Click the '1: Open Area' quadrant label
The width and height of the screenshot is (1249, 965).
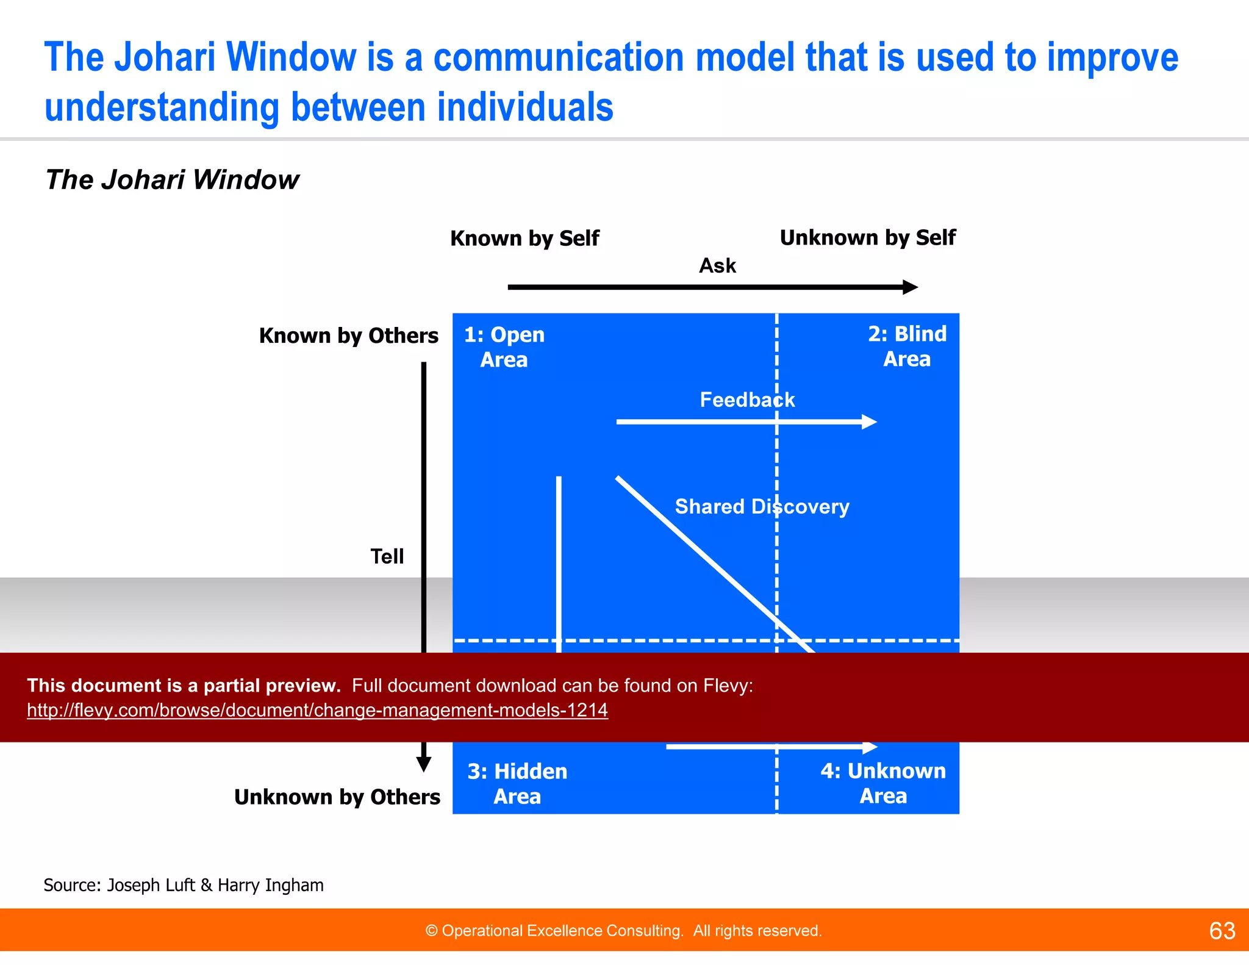pos(504,347)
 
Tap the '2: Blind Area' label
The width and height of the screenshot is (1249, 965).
pos(907,346)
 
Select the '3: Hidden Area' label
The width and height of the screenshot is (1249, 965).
pos(517,784)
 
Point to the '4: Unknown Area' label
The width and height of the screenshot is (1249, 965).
pos(883,783)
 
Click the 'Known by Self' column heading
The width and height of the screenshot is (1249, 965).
pos(524,239)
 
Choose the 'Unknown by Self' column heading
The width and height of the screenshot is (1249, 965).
pos(867,238)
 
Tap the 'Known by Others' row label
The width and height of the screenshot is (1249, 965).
pos(348,336)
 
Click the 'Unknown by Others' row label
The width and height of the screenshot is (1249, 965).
pos(337,797)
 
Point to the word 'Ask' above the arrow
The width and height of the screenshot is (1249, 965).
pos(717,266)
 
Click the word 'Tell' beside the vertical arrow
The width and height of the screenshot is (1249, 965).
pos(387,556)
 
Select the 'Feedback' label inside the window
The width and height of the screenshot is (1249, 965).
pos(747,400)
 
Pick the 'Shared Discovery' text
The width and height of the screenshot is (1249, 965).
pos(762,507)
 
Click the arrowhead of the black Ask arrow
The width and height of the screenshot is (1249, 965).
pos(911,287)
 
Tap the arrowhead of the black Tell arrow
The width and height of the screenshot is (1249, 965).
pos(424,764)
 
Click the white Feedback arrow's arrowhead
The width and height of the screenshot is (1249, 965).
pos(870,422)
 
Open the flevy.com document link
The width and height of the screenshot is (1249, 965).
pos(317,710)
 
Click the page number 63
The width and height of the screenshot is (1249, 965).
pos(1222,931)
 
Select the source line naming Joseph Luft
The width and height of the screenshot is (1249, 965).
pos(184,885)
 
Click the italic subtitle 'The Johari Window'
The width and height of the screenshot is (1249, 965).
pos(172,180)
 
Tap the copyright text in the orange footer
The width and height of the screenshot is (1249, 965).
pos(623,931)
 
